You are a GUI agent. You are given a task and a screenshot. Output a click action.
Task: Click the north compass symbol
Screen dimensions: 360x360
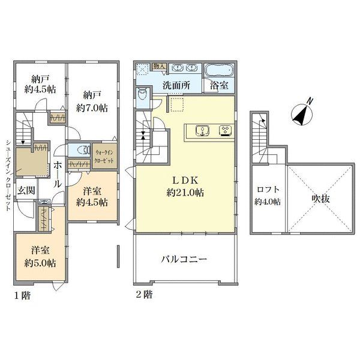[x=302, y=113]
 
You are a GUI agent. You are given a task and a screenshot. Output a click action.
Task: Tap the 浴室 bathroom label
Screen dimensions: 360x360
[x=219, y=85]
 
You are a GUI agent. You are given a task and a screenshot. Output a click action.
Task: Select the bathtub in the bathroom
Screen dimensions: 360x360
[x=219, y=70]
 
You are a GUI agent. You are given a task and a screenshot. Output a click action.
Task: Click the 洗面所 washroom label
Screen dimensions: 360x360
[x=176, y=85]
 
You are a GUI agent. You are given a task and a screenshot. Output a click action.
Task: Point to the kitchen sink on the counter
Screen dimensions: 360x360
[x=202, y=131]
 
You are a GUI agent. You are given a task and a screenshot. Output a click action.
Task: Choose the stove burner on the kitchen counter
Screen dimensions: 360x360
[x=226, y=131]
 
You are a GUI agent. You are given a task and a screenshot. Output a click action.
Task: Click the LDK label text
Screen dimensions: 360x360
[x=185, y=180]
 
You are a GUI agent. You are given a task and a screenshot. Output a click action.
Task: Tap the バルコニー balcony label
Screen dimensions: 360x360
[x=184, y=259]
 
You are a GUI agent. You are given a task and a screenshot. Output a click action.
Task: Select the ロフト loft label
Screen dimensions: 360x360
[x=268, y=190]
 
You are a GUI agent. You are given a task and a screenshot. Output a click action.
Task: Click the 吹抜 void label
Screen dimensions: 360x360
[x=320, y=199]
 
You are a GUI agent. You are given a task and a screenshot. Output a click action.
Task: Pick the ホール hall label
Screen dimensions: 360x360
[x=58, y=174]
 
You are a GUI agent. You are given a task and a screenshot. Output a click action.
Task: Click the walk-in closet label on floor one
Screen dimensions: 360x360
[x=104, y=156]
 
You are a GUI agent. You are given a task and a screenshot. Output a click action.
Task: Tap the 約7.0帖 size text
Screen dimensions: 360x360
[x=92, y=108]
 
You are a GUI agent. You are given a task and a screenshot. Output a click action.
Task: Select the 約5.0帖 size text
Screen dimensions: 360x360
[x=40, y=263]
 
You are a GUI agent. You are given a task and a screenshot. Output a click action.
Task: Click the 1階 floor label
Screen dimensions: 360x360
[x=23, y=295]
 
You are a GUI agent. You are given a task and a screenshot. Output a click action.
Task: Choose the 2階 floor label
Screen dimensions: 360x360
[x=144, y=295]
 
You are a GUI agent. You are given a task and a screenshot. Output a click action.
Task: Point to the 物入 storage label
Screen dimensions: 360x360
[x=159, y=67]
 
